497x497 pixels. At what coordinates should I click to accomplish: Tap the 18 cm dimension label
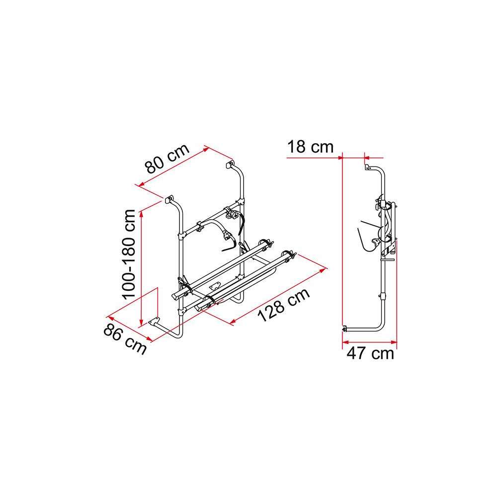coord(310,147)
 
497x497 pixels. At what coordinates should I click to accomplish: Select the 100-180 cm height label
coord(129,254)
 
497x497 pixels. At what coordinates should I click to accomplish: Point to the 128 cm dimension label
coord(283,305)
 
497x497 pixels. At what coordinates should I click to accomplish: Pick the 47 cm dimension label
coord(370,353)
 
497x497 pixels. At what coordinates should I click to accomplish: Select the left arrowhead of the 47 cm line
coord(345,342)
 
